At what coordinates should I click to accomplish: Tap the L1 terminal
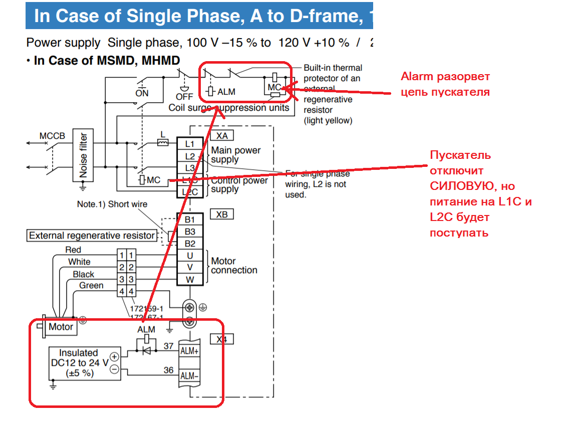pyautogui.click(x=190, y=144)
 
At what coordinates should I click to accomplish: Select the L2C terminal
pyautogui.click(x=190, y=192)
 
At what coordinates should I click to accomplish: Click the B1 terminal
pyautogui.click(x=190, y=220)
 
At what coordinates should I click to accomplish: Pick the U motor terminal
pyautogui.click(x=190, y=256)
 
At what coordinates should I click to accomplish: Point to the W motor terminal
pyautogui.click(x=190, y=280)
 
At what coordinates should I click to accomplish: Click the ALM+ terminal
pyautogui.click(x=189, y=351)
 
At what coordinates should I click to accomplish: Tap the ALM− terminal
pyautogui.click(x=189, y=376)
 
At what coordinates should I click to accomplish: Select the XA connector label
pyautogui.click(x=222, y=135)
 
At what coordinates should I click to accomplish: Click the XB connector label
pyautogui.click(x=222, y=214)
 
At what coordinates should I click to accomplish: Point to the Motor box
pyautogui.click(x=61, y=327)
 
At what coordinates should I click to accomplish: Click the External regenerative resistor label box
pyautogui.click(x=92, y=236)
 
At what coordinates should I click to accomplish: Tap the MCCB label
pyautogui.click(x=53, y=136)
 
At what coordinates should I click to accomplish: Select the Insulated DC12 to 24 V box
pyautogui.click(x=79, y=363)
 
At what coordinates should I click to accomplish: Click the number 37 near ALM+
pyautogui.click(x=169, y=346)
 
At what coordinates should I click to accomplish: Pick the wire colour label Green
pyautogui.click(x=92, y=286)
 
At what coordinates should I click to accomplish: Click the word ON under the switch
pyautogui.click(x=142, y=93)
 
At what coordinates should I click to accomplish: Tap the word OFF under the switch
pyautogui.click(x=184, y=96)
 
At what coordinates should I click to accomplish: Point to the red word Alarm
pyautogui.click(x=417, y=77)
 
